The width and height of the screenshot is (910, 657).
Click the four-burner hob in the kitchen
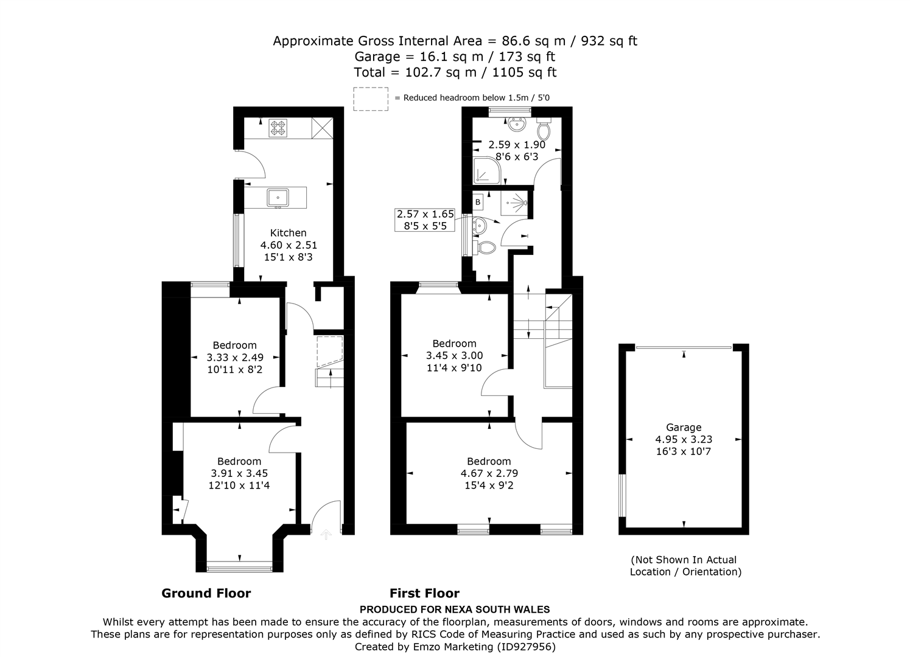[x=278, y=128]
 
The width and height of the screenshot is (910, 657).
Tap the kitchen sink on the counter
[x=278, y=198]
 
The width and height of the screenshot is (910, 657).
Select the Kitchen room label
[x=289, y=233]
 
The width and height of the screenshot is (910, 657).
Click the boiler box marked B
[x=478, y=202]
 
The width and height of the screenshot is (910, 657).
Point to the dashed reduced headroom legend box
[x=371, y=99]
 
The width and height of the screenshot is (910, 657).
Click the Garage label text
[x=684, y=428]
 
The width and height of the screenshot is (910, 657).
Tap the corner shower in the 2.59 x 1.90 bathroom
[x=488, y=170]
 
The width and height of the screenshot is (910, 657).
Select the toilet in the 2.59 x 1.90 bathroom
[x=544, y=128]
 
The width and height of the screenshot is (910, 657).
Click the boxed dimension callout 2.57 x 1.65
[x=425, y=220]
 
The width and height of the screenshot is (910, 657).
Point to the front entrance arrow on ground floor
[x=326, y=534]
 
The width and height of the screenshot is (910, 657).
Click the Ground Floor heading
[x=206, y=593]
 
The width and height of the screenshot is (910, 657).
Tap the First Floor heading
[x=424, y=593]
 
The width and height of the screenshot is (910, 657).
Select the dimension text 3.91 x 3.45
[x=239, y=473]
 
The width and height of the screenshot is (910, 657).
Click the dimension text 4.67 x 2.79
[x=489, y=473]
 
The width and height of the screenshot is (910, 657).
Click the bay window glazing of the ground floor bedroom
[x=240, y=566]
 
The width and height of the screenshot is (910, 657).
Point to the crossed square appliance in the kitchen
[x=322, y=128]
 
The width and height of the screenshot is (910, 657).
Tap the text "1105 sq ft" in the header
[x=524, y=72]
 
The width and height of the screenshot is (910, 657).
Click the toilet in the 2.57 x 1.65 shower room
[x=485, y=248]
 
